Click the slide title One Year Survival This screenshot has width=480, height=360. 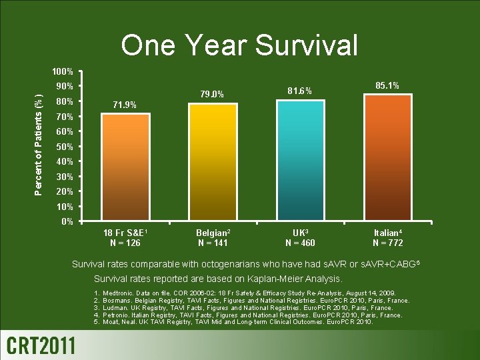pyautogui.click(x=239, y=45)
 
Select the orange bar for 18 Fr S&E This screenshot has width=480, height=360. pyautogui.click(x=125, y=167)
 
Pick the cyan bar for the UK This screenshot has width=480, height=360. pyautogui.click(x=300, y=160)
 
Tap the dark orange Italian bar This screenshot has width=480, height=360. pyautogui.click(x=387, y=157)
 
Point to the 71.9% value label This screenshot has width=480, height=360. pyautogui.click(x=125, y=105)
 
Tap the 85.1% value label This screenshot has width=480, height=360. pyautogui.click(x=387, y=86)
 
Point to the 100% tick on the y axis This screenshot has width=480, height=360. pyautogui.click(x=64, y=71)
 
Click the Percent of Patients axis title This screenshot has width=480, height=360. pyautogui.click(x=41, y=147)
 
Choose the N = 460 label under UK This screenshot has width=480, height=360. pyautogui.click(x=300, y=243)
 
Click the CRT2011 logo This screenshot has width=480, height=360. pyautogui.click(x=41, y=345)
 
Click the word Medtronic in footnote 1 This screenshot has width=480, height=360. pyautogui.click(x=120, y=293)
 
